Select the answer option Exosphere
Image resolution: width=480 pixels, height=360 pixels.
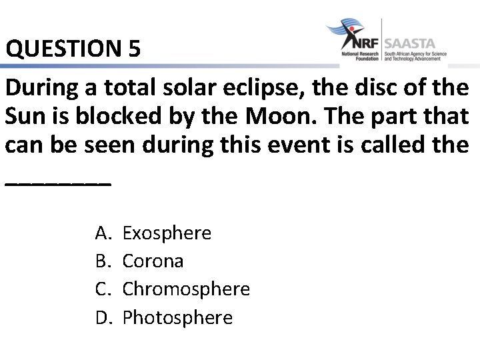(167, 233)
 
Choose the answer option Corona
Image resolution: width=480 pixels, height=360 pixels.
(153, 261)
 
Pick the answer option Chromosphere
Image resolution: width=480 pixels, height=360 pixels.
(186, 289)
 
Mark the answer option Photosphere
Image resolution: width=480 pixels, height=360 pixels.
(177, 317)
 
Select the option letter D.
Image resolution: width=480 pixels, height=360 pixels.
(103, 317)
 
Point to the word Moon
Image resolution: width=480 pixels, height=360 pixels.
(275, 116)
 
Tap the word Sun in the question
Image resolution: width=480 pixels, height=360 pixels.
(25, 116)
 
